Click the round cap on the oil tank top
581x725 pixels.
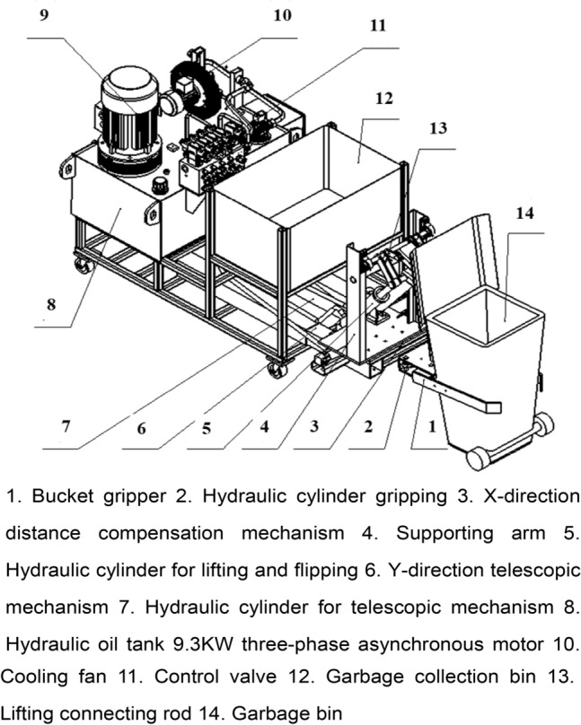[x=162, y=186]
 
